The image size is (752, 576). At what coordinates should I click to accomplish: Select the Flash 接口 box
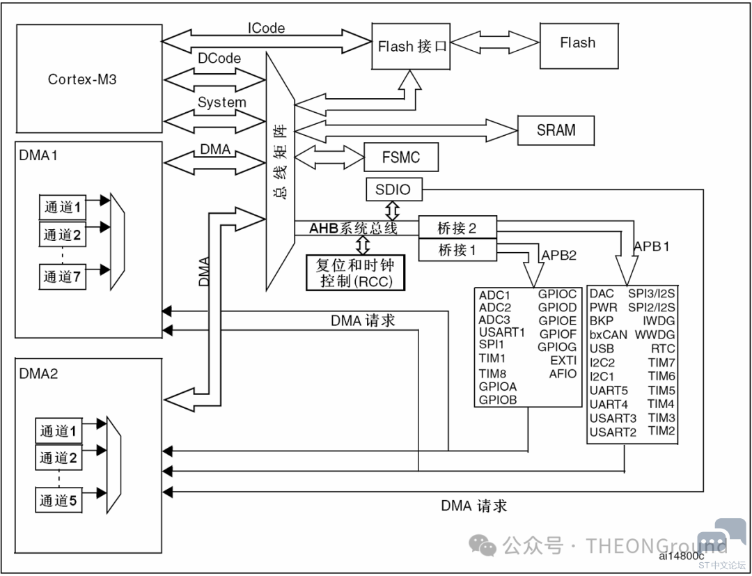coord(411,45)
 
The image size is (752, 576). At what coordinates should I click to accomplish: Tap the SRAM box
coord(556,130)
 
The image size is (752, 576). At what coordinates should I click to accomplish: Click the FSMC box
coord(401,157)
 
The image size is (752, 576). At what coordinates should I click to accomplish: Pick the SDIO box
coord(393,189)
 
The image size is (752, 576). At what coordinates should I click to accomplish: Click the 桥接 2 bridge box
coord(457,228)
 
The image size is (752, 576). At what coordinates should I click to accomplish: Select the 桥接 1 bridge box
coord(457,249)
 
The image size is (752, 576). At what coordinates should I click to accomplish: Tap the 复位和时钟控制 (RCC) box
coord(355,272)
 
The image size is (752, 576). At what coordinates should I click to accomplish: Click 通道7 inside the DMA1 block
coord(63,277)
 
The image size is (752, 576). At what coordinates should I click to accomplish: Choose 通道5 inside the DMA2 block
coord(58,501)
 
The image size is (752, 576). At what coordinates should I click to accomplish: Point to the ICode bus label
coord(266,28)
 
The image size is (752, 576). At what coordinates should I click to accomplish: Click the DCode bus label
coord(219,58)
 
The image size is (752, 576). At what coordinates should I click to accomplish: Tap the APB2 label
coord(558,255)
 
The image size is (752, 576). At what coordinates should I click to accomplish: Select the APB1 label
coord(652,246)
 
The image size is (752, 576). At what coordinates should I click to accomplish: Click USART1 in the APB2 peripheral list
coord(502,332)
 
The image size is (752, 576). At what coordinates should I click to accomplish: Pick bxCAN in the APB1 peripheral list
coord(608,335)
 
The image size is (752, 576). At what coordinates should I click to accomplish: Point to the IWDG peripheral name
coord(659,321)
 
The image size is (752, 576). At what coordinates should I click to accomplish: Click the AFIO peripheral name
coord(563,373)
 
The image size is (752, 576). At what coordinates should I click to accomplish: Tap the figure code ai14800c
coord(681,556)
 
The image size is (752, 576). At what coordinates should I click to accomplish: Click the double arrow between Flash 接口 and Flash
coord(496,42)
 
